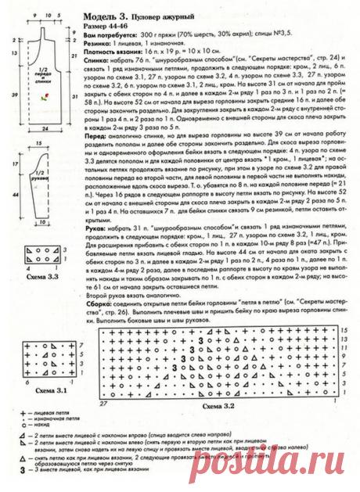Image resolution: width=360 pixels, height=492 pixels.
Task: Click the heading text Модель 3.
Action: pyautogui.click(x=102, y=16)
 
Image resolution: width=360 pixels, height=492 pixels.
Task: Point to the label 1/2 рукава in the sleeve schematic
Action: pyautogui.click(x=38, y=187)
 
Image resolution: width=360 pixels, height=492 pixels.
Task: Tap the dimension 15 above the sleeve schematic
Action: pyautogui.click(x=38, y=146)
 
